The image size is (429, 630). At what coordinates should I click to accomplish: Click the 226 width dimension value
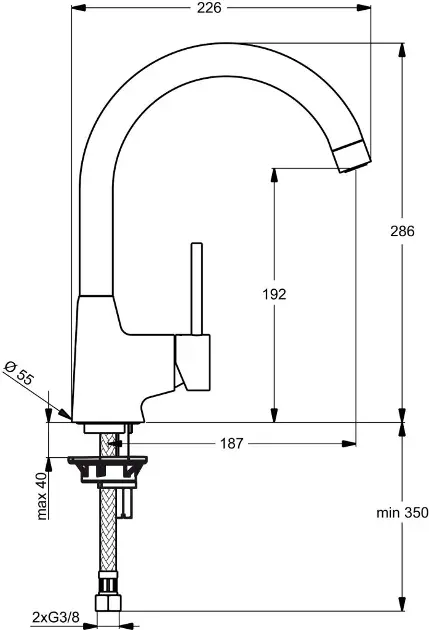(x=209, y=8)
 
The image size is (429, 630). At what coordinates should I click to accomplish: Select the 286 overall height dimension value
(x=402, y=231)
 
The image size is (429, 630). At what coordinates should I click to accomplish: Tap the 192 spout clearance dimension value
(x=274, y=295)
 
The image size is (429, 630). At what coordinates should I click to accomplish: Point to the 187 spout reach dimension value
(x=232, y=444)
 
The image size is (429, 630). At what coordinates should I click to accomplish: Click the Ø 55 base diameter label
(x=19, y=373)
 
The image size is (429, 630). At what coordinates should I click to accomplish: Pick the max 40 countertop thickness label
(x=42, y=496)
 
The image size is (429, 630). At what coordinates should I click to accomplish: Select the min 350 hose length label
(x=402, y=513)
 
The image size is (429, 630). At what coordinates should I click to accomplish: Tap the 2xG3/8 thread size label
(x=56, y=616)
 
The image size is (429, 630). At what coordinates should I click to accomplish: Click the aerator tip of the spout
(x=351, y=156)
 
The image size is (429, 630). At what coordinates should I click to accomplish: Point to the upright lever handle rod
(x=197, y=288)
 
